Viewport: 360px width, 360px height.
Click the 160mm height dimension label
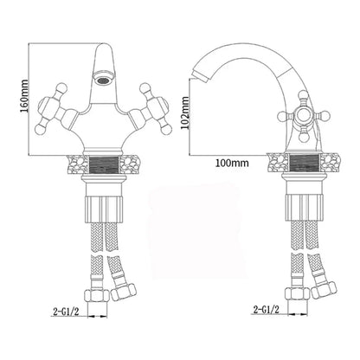tap(25, 96)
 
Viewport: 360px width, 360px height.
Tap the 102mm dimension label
tap(185, 113)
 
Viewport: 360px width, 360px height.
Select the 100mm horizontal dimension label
tap(232, 163)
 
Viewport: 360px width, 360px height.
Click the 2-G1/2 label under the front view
tap(66, 312)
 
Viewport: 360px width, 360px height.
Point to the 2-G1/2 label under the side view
tap(267, 310)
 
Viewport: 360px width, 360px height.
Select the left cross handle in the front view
tap(55, 110)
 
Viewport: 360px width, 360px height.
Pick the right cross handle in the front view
tap(152, 110)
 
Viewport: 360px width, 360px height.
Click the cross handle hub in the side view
tap(303, 116)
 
